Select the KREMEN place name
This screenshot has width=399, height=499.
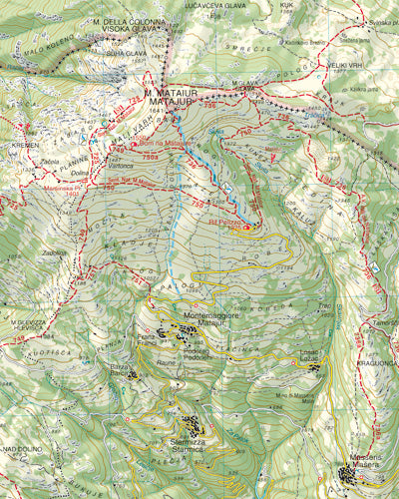pyautogui.click(x=24, y=145)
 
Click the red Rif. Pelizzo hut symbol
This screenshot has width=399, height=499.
pyautogui.click(x=246, y=226)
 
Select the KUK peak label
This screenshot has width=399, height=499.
pyautogui.click(x=286, y=5)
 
